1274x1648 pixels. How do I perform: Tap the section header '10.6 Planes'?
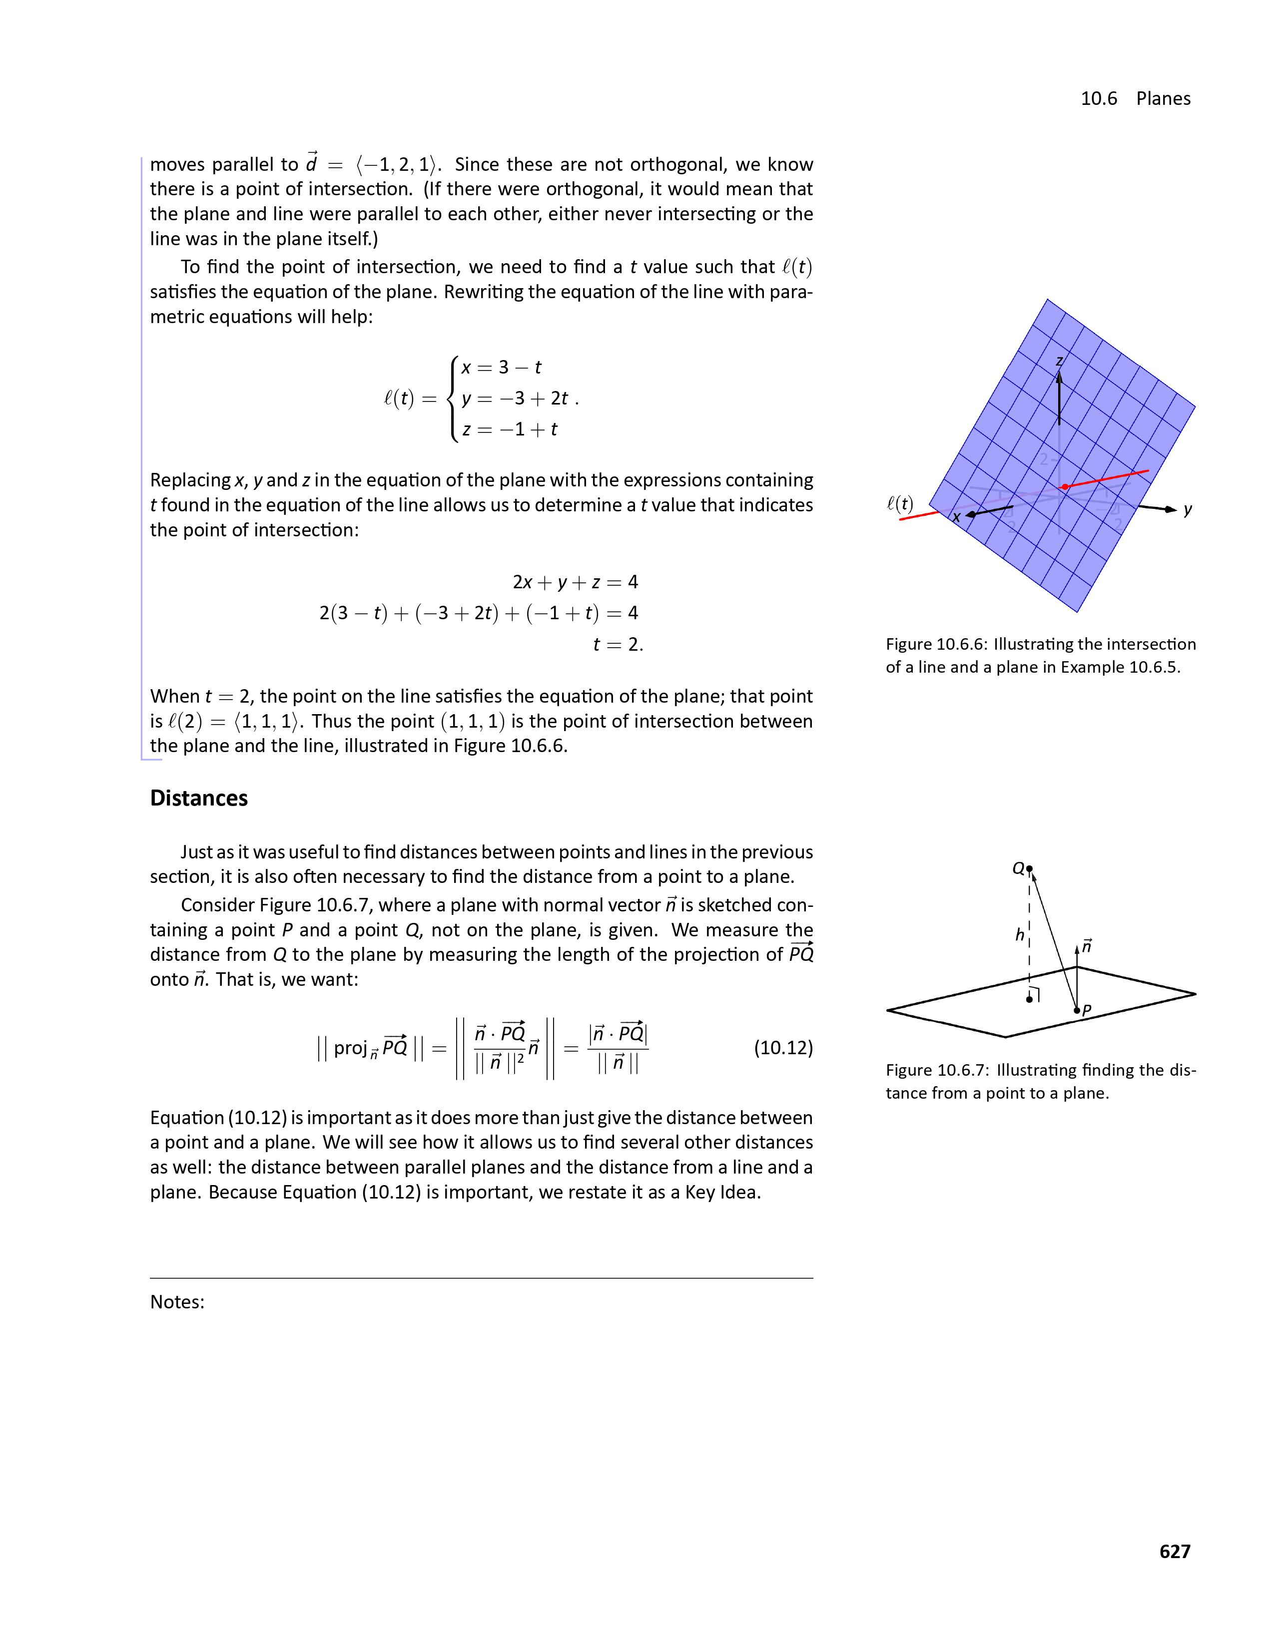[1135, 99]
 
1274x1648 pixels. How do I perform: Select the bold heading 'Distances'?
[198, 799]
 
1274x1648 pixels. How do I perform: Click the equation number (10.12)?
[783, 1048]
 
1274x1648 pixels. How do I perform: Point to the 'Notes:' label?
[177, 1301]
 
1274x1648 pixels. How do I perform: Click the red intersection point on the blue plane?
[1064, 487]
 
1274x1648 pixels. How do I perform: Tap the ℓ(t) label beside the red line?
[900, 503]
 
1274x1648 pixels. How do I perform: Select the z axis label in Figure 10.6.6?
[1059, 361]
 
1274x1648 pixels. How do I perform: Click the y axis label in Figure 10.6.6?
[1187, 510]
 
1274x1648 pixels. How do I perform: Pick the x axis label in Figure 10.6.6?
[956, 517]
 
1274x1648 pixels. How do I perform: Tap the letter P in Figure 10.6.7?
[1087, 1010]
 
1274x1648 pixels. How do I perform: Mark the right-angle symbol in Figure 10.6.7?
[1036, 994]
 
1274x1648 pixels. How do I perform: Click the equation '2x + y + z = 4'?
[575, 582]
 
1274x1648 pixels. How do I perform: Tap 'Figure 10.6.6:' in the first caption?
[936, 644]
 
